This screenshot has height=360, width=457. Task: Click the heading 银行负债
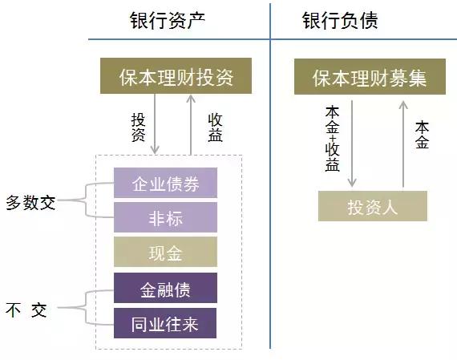point(340,21)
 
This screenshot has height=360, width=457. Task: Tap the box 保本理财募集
point(369,78)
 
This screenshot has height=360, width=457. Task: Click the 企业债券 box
point(164,184)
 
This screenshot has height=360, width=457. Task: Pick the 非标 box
point(164,217)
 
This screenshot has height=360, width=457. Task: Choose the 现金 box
point(164,253)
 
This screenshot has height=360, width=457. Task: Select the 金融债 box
point(164,289)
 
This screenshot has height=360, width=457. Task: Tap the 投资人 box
point(372,207)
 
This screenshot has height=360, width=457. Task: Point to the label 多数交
point(30,202)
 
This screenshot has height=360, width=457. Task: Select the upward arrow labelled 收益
point(190,124)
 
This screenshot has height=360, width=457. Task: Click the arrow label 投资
point(137,126)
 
